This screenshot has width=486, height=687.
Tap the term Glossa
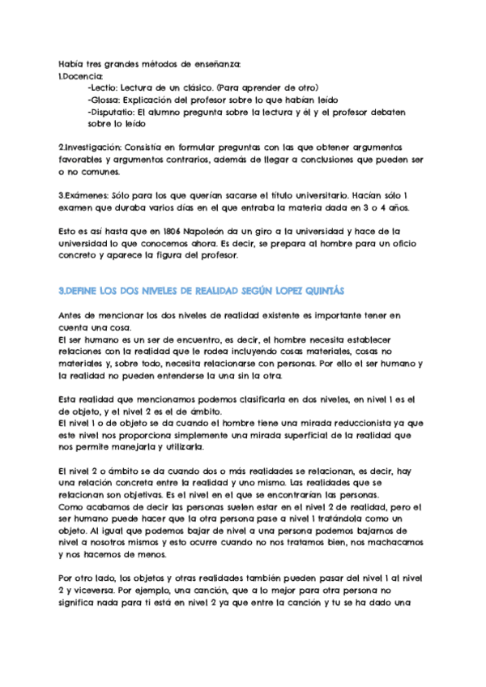pyautogui.click(x=106, y=100)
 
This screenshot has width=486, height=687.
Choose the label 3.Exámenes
pyautogui.click(x=82, y=195)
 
